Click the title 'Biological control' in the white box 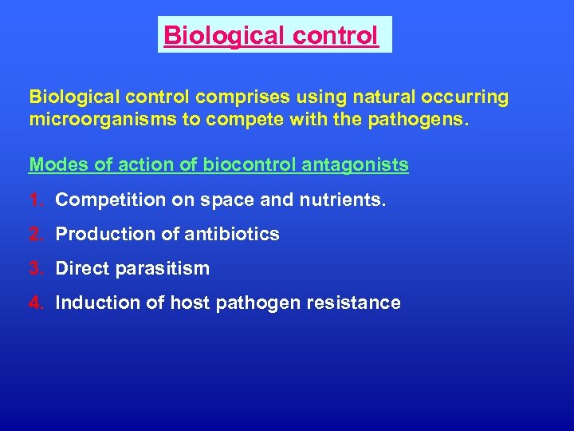[271, 36]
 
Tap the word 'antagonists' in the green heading [363, 165]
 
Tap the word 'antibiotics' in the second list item [238, 234]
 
